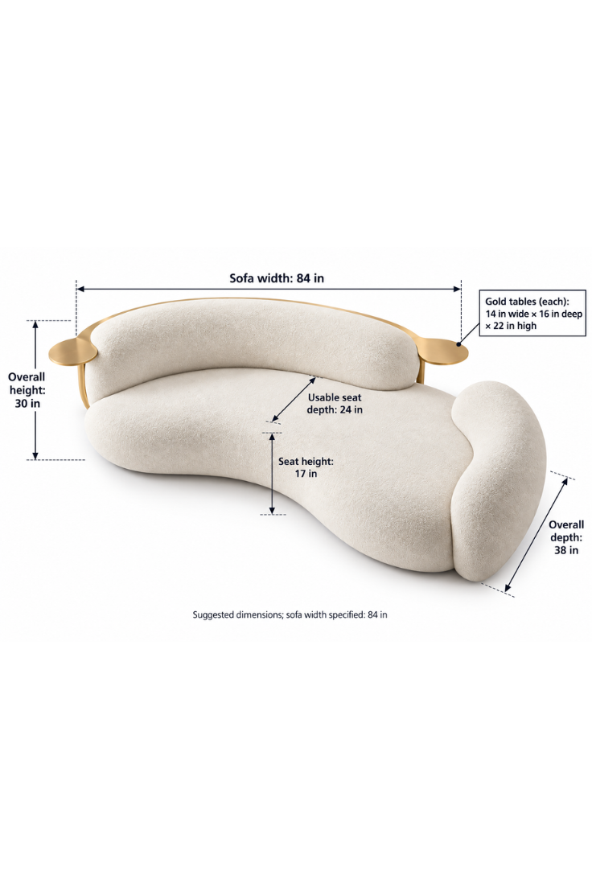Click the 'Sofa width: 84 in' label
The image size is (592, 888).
click(277, 278)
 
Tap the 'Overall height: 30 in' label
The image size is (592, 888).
click(27, 390)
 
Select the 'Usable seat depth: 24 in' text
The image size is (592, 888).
click(335, 403)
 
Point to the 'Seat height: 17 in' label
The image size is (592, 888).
click(306, 467)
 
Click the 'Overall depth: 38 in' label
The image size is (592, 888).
click(566, 536)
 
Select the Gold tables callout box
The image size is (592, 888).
click(532, 313)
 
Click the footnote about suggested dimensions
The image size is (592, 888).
click(290, 615)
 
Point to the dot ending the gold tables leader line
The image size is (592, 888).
click(458, 343)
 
